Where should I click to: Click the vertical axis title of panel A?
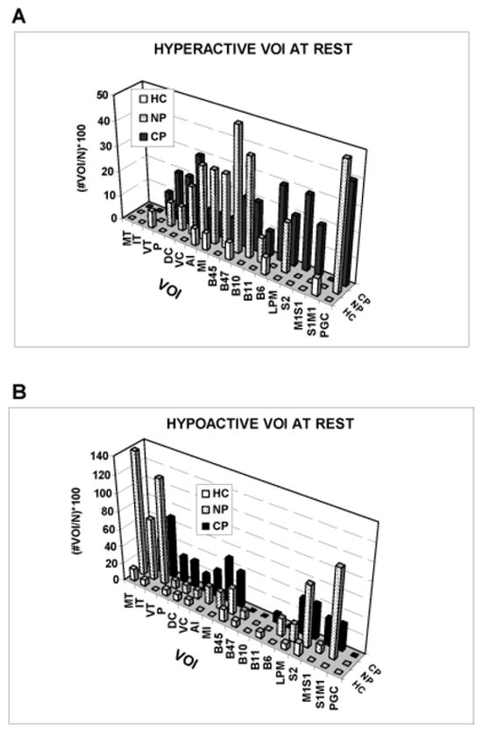click(x=85, y=156)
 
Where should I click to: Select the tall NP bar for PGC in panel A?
click(x=346, y=224)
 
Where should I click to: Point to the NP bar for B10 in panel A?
click(x=237, y=189)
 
